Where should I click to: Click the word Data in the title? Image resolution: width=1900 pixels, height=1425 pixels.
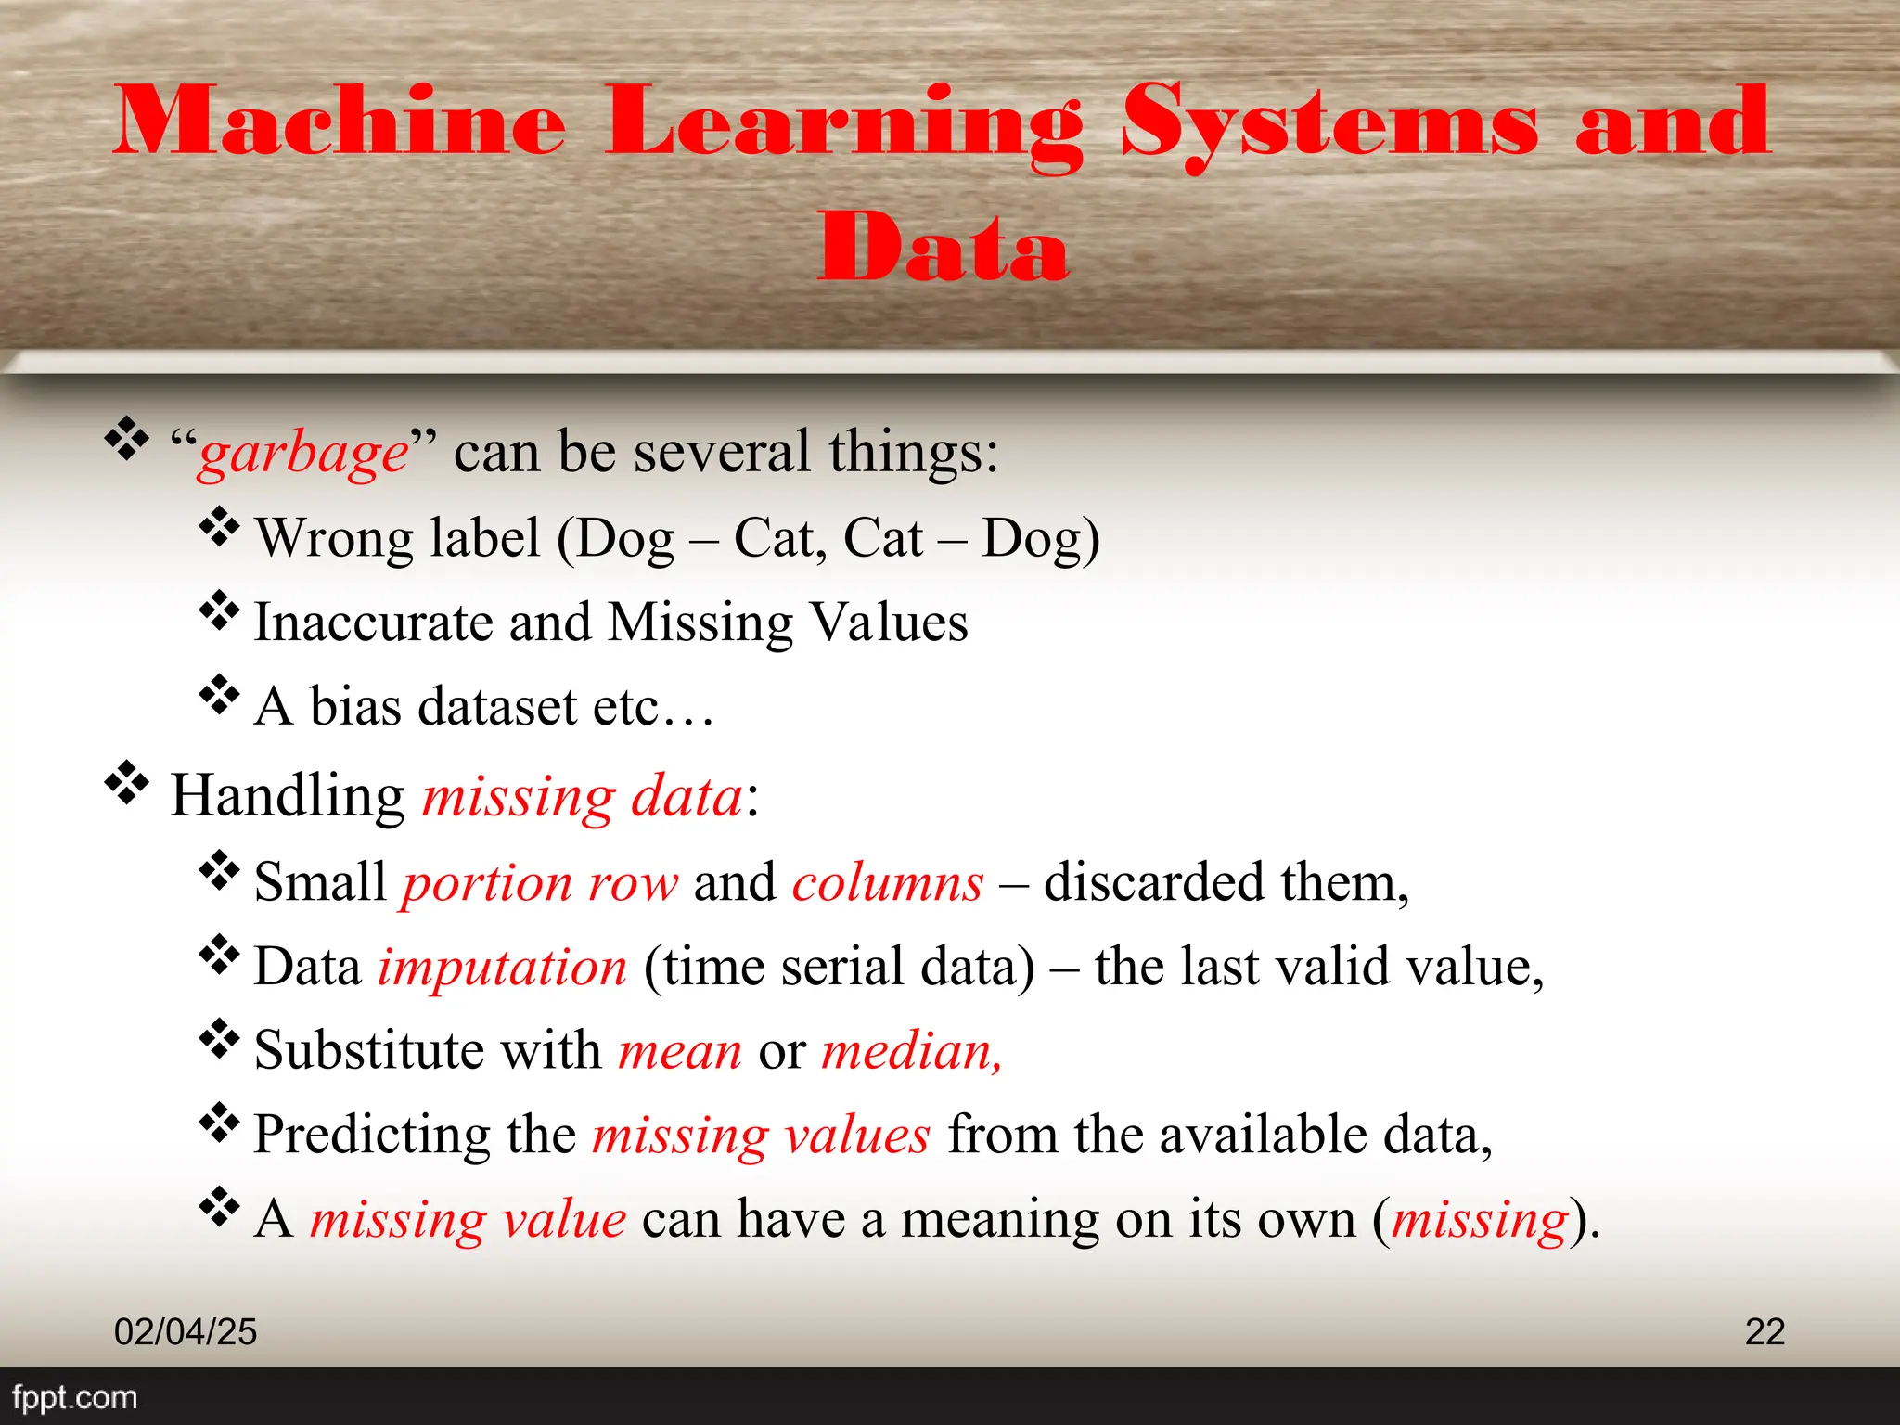coord(944,246)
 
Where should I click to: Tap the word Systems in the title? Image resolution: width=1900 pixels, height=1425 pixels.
coord(1329,123)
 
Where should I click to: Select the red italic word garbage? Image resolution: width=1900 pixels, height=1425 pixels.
coord(303,455)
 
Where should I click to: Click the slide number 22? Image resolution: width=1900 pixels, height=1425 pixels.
coord(1765,1331)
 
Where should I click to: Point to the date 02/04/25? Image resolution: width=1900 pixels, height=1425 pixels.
coord(186,1331)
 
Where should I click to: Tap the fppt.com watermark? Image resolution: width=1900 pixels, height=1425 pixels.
coord(74,1397)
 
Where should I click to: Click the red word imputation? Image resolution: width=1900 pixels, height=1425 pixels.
coord(502,968)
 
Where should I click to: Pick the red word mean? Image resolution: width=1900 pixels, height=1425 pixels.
coord(680,1052)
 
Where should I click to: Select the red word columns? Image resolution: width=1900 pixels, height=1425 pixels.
coord(887,883)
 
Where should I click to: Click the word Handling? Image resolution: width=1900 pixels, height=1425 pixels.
coord(288,796)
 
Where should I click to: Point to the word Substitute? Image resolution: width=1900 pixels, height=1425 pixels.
coord(369,1050)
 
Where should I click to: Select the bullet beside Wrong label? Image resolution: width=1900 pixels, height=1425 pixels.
coord(219,527)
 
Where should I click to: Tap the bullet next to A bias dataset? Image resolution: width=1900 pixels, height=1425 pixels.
coord(219,695)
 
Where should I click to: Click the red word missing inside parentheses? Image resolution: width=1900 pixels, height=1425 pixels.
coord(1480,1220)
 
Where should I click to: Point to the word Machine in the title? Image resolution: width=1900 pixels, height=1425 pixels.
coord(340,123)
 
